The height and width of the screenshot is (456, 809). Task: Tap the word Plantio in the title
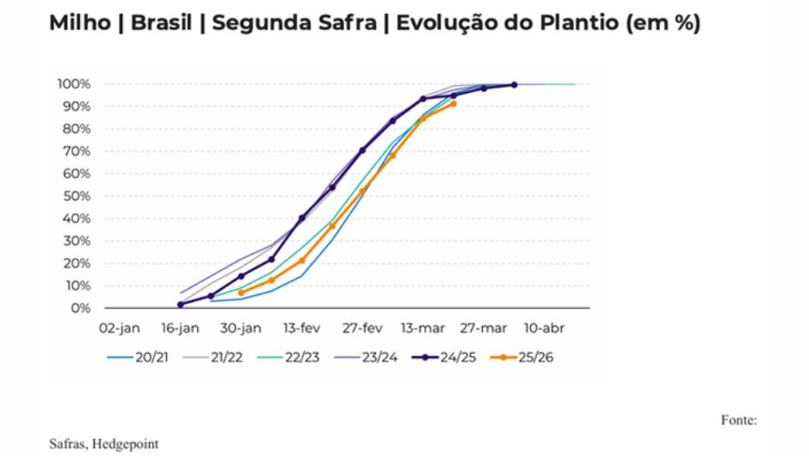point(573,23)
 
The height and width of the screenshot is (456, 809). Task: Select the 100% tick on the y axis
point(74,84)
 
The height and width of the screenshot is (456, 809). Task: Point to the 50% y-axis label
point(77,196)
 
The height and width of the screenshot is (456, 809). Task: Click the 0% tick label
point(81,308)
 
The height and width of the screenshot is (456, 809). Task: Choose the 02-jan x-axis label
point(119,328)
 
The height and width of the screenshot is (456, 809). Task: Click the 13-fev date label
point(302,328)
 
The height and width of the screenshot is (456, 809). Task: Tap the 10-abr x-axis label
point(545,328)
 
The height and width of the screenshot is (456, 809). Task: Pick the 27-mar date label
point(485,328)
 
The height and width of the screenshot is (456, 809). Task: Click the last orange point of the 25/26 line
point(454,104)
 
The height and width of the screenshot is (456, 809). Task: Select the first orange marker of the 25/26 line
point(241,293)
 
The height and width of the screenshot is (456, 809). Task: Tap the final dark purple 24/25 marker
point(514,84)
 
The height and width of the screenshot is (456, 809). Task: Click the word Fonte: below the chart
point(738,420)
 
